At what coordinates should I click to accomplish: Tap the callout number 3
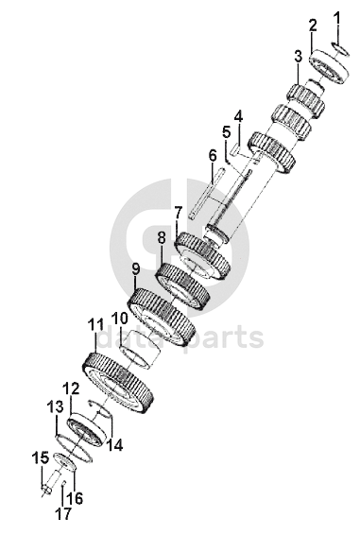click(x=299, y=57)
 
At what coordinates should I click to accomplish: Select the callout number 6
click(x=213, y=156)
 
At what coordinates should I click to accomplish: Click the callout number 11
click(x=95, y=325)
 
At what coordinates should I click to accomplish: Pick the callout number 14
click(x=114, y=445)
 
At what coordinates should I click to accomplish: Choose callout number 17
click(x=64, y=513)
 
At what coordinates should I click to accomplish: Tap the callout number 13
click(x=56, y=407)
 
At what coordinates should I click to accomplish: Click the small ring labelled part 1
click(x=340, y=48)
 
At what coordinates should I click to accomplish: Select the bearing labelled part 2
click(x=330, y=67)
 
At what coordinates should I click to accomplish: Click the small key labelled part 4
click(x=235, y=149)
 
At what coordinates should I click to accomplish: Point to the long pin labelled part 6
click(x=206, y=193)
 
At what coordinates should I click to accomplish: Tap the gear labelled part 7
click(x=203, y=255)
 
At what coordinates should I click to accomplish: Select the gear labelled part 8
click(x=181, y=285)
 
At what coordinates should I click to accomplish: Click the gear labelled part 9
click(x=161, y=317)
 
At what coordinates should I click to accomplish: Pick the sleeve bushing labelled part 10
click(x=141, y=349)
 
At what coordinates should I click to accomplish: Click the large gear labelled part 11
click(x=118, y=383)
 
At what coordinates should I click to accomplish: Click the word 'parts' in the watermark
click(x=224, y=337)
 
